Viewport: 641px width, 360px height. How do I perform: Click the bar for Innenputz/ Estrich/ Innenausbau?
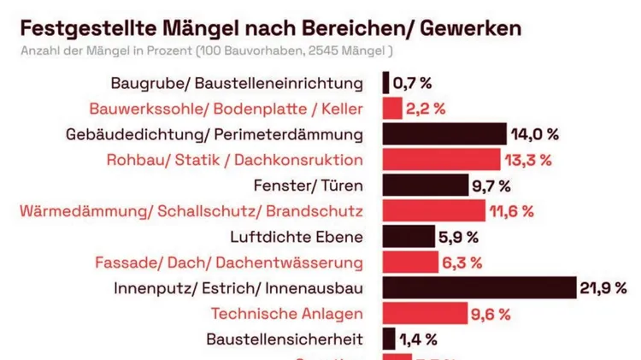click(x=479, y=288)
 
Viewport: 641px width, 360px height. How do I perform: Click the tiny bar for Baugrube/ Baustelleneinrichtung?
click(x=386, y=83)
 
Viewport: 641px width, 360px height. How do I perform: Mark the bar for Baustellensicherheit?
click(x=389, y=339)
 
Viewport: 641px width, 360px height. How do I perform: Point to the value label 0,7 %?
click(x=413, y=83)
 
